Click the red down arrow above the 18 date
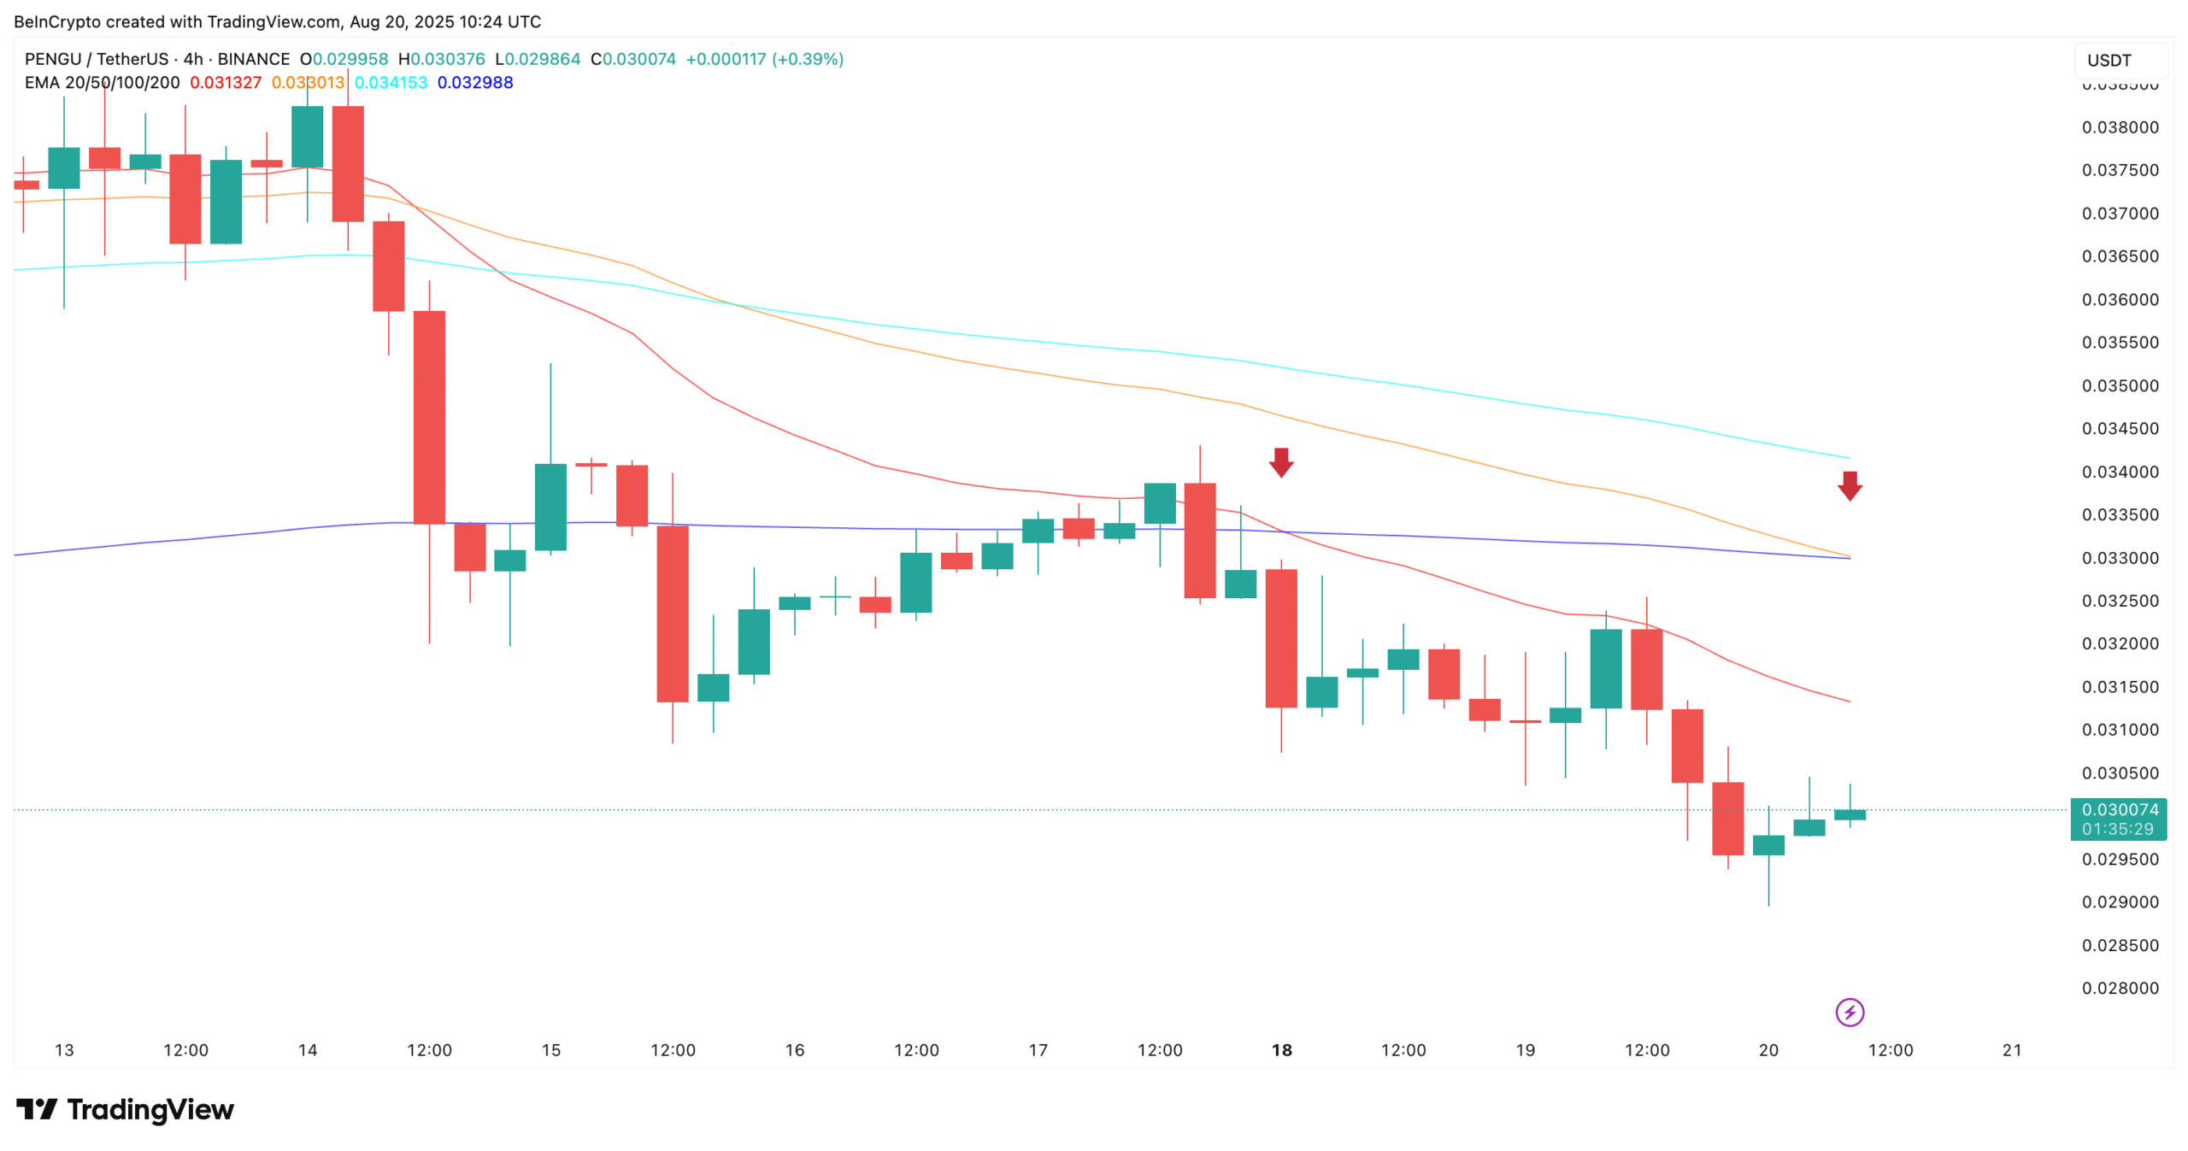coord(1280,462)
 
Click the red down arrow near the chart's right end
coord(1850,485)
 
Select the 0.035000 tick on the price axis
coord(2119,385)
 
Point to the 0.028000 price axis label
coord(2119,988)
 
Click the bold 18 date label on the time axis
coord(1281,1049)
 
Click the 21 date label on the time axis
coord(2012,1049)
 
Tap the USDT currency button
coord(2109,61)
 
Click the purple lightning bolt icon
coord(1850,1013)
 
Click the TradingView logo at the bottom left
coord(125,1109)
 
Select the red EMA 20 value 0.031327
coord(226,83)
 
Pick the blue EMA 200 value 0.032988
coord(475,83)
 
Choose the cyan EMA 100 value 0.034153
coord(391,83)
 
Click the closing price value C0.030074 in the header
coord(633,59)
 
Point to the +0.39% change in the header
coord(808,59)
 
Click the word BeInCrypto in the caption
coord(57,21)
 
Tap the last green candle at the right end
coord(1850,814)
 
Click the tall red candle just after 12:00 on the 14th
coord(429,417)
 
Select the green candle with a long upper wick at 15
coord(550,507)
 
